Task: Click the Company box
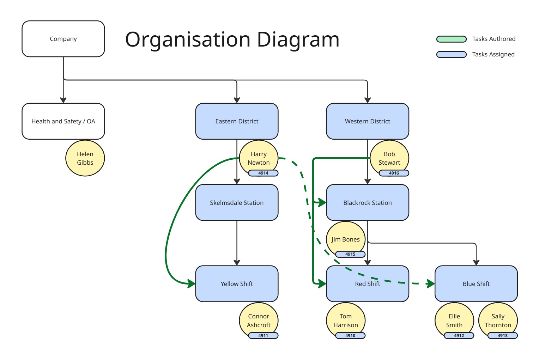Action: pyautogui.click(x=63, y=39)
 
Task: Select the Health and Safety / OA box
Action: pyautogui.click(x=63, y=121)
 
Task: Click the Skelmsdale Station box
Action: pyautogui.click(x=237, y=203)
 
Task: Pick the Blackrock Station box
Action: pyautogui.click(x=367, y=203)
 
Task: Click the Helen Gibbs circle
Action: pyautogui.click(x=85, y=158)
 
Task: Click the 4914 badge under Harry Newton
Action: pyautogui.click(x=263, y=173)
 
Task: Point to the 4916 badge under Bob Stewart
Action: pyautogui.click(x=394, y=173)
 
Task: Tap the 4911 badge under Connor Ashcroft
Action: pyautogui.click(x=263, y=336)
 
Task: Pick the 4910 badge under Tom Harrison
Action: pyautogui.click(x=350, y=336)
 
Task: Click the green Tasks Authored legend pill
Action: pyautogui.click(x=451, y=39)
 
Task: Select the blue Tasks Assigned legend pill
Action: pyautogui.click(x=451, y=55)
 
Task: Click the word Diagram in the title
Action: pyautogui.click(x=298, y=39)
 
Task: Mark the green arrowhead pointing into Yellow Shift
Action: pyautogui.click(x=192, y=283)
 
